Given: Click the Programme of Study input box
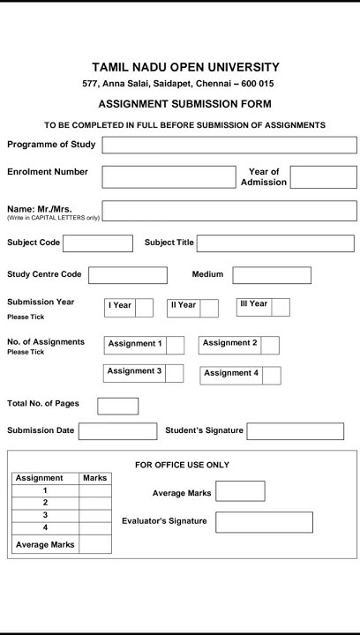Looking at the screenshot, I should click(x=229, y=146).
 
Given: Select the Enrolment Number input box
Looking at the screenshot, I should click(x=169, y=176).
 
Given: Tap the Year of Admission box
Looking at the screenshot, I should click(x=323, y=177).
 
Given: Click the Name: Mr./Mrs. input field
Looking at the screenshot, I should click(x=229, y=211).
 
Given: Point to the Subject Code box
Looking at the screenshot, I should click(x=97, y=243).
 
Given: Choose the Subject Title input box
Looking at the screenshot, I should click(x=275, y=243).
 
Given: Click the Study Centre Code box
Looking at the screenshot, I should click(x=127, y=275).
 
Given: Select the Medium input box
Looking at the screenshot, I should click(x=272, y=275).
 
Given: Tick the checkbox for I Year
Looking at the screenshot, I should click(x=144, y=308).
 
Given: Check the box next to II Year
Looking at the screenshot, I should click(x=209, y=308).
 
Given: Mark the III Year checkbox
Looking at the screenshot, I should click(x=281, y=307).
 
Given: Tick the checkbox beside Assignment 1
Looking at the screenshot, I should click(x=175, y=345).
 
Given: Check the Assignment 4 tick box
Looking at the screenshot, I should click(x=271, y=375).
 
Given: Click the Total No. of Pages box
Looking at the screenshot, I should click(x=117, y=406).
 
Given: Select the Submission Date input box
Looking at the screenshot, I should click(x=117, y=431).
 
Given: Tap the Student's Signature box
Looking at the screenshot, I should click(x=295, y=431).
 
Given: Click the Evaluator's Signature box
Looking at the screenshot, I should click(x=264, y=522).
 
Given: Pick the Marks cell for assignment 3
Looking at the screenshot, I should click(x=95, y=515).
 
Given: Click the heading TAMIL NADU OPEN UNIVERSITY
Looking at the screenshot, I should click(x=185, y=67).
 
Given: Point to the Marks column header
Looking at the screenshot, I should click(x=95, y=478).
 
